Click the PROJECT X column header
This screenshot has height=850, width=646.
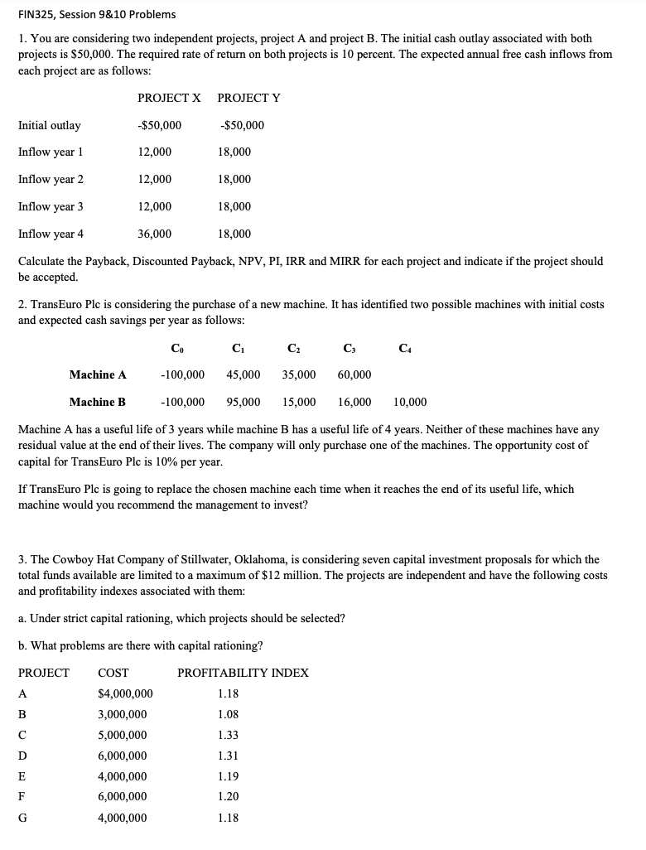(x=169, y=98)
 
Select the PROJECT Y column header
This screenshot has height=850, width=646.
(x=248, y=98)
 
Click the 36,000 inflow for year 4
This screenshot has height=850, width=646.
(x=155, y=234)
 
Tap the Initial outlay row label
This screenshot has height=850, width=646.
(x=50, y=125)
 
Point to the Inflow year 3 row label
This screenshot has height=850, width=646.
(x=51, y=206)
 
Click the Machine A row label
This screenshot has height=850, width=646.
(x=98, y=374)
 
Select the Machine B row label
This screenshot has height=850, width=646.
(x=98, y=402)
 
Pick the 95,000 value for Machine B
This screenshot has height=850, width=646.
(x=243, y=402)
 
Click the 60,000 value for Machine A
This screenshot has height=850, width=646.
(x=354, y=374)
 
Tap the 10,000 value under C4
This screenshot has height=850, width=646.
(x=410, y=402)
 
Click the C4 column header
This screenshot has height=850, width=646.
(x=404, y=348)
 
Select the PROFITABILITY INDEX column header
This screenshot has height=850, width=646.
(x=243, y=673)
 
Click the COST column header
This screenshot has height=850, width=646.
(x=113, y=673)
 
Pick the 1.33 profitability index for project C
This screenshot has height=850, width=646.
(x=229, y=735)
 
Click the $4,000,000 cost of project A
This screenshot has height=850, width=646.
(x=125, y=693)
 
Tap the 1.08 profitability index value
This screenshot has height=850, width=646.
(x=229, y=714)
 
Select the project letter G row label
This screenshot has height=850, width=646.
(x=23, y=818)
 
